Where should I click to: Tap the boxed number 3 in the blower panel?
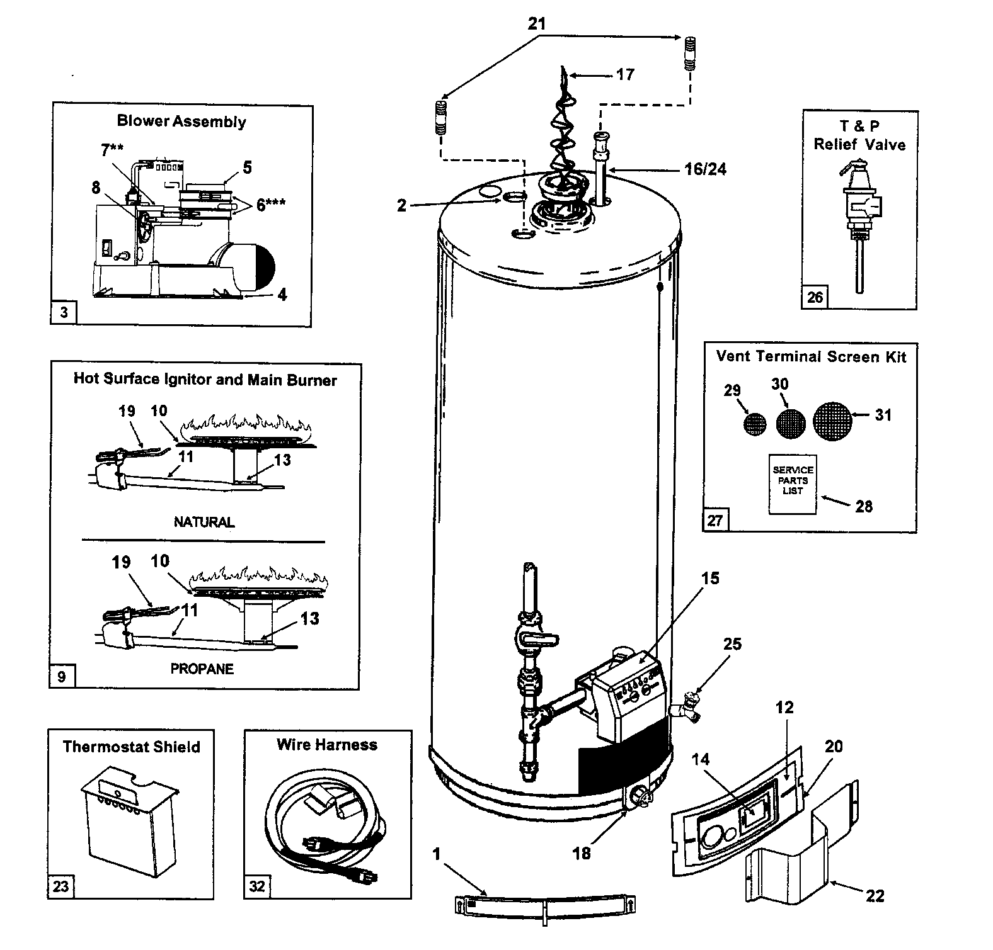[64, 312]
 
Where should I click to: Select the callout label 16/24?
[705, 169]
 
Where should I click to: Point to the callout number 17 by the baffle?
[624, 74]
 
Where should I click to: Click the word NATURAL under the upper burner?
[204, 522]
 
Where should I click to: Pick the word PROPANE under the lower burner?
[202, 669]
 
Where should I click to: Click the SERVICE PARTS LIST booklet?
[793, 484]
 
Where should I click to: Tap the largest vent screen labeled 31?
[832, 421]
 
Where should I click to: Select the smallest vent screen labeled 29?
[754, 424]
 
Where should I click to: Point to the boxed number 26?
[815, 297]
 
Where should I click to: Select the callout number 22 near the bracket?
[875, 895]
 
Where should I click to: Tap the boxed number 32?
[257, 886]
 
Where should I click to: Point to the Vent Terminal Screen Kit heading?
[811, 356]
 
